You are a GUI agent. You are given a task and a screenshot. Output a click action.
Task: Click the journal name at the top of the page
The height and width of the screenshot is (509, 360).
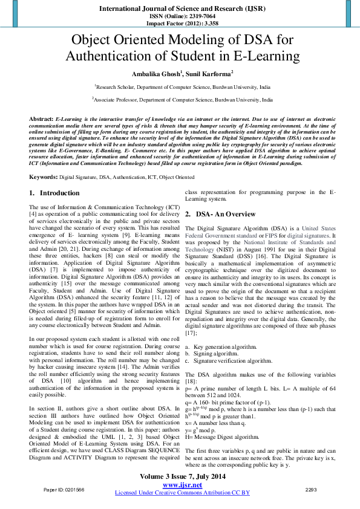[x=180, y=9]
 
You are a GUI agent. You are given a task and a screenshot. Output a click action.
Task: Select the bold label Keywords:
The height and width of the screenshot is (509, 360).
[x=43, y=177]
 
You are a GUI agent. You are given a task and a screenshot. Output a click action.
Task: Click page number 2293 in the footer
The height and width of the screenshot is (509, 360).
[x=311, y=488]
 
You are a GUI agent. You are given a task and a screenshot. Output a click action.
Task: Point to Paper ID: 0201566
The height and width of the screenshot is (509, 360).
[x=64, y=488]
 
